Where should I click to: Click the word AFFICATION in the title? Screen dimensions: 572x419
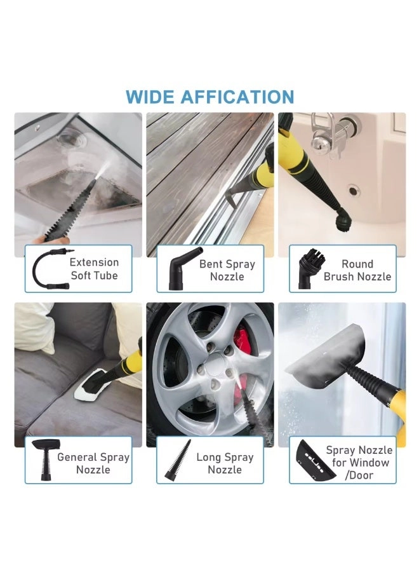(237, 97)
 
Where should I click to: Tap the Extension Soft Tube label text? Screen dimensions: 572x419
(94, 269)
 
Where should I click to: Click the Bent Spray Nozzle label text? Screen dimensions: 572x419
(227, 270)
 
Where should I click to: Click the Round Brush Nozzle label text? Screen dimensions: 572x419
(357, 270)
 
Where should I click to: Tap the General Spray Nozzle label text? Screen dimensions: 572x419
(93, 463)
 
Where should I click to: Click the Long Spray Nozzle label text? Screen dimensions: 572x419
(225, 463)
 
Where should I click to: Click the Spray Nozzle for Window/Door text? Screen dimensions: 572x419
(359, 463)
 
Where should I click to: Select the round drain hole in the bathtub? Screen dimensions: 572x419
(352, 189)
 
